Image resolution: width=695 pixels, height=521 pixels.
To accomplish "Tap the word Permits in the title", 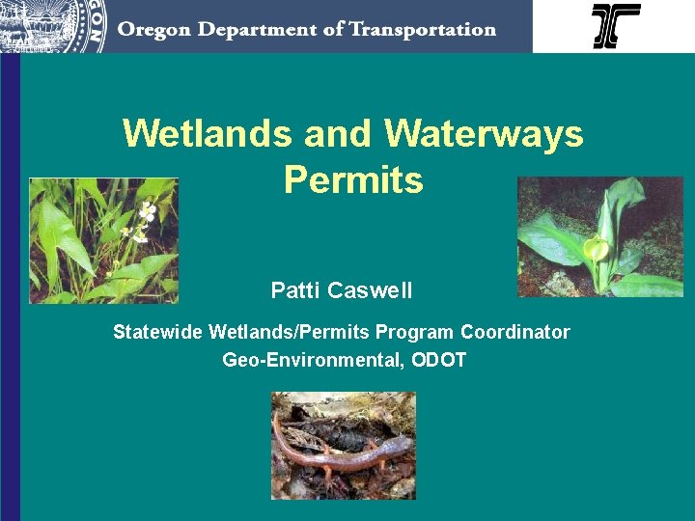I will click(x=353, y=179).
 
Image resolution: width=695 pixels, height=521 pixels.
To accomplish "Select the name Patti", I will click(x=296, y=290).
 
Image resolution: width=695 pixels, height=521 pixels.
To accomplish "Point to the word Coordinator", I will click(x=514, y=333).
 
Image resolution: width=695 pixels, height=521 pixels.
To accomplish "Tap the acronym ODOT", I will click(x=438, y=361).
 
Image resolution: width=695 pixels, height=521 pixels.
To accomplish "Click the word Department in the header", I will click(x=249, y=31).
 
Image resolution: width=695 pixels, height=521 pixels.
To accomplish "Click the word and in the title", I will click(x=340, y=134).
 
